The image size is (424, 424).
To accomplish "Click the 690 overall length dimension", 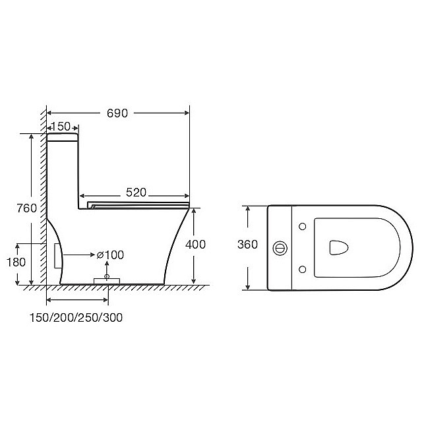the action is (117, 113).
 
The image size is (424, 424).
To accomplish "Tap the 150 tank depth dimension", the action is (61, 127).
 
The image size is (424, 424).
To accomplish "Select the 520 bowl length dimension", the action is (136, 193).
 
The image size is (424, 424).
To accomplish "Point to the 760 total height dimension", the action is (27, 208).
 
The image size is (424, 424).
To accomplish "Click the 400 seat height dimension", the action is (195, 245).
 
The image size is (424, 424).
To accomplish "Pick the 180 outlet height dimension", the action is (16, 262).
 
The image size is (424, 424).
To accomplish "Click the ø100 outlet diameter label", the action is (110, 255).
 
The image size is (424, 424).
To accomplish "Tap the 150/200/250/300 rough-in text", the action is (76, 318).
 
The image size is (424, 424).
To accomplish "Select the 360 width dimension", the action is (247, 245).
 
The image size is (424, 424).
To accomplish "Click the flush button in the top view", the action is (280, 248).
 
